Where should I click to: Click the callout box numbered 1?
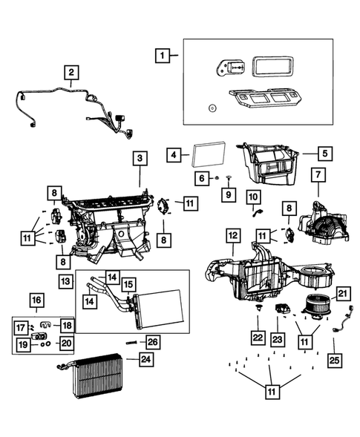pyautogui.click(x=162, y=56)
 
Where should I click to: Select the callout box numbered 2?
pyautogui.click(x=71, y=73)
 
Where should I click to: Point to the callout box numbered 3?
pyautogui.click(x=139, y=158)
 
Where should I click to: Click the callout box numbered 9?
pyautogui.click(x=229, y=194)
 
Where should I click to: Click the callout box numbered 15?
pyautogui.click(x=128, y=285)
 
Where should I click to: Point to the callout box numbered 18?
pyautogui.click(x=67, y=325)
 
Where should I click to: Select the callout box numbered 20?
pyautogui.click(x=67, y=343)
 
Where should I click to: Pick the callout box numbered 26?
pyautogui.click(x=152, y=341)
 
